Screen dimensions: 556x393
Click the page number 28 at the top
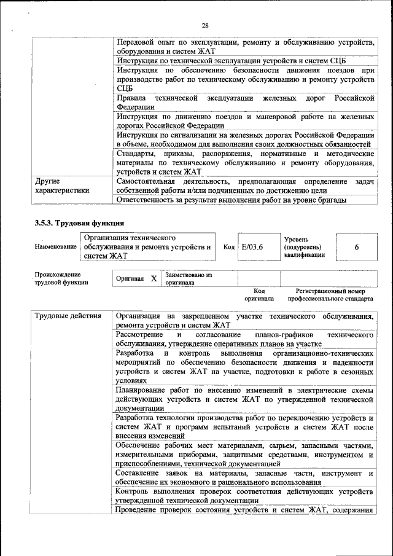pos(205,25)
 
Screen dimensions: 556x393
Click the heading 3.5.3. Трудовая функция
pos(79,222)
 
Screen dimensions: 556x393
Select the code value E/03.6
pos(252,246)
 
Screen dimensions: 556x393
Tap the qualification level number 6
pos(356,246)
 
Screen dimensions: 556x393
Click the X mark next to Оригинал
pos(154,278)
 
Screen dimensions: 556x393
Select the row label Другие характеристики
pos(62,186)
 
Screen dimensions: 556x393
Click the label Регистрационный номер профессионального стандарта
pos(330,295)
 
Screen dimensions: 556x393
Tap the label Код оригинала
pos(259,295)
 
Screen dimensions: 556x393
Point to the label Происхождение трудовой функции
pos(61,278)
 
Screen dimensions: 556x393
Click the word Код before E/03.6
pos(229,246)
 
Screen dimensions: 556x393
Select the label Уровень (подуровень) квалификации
pos(304,246)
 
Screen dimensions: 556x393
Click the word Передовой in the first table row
pos(136,42)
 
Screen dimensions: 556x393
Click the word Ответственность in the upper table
pos(147,200)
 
